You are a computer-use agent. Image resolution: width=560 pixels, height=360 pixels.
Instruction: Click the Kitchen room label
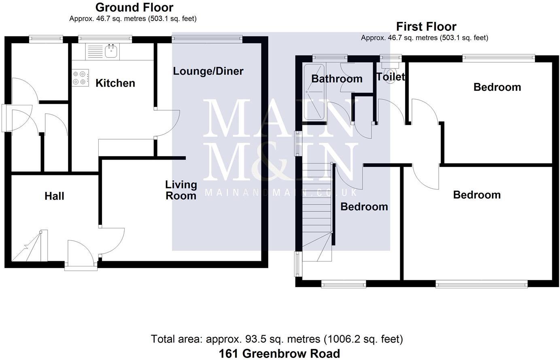point(115,83)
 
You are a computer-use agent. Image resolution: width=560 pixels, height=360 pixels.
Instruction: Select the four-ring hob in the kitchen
point(81,78)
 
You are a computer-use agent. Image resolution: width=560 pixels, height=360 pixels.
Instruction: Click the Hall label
point(54,196)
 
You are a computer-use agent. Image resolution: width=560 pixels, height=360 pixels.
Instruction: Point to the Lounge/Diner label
point(208,71)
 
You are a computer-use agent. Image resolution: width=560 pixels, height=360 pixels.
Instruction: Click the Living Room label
point(181,190)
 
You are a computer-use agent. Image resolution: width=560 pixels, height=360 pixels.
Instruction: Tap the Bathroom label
point(337,79)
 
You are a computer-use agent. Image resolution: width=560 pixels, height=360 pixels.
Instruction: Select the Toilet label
point(390,77)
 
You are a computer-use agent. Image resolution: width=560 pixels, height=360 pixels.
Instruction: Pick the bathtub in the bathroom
point(314,92)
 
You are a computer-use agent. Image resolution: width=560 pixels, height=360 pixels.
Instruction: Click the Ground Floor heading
point(134,7)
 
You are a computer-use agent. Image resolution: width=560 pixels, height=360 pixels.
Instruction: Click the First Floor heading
point(426,27)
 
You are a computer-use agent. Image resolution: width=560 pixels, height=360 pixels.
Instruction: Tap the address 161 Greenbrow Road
point(280,354)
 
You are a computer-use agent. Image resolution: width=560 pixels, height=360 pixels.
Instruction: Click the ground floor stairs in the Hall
point(28,247)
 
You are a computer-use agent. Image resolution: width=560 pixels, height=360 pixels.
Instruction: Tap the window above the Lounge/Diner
point(207,39)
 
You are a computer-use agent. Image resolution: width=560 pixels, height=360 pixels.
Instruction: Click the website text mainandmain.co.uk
point(280,192)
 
